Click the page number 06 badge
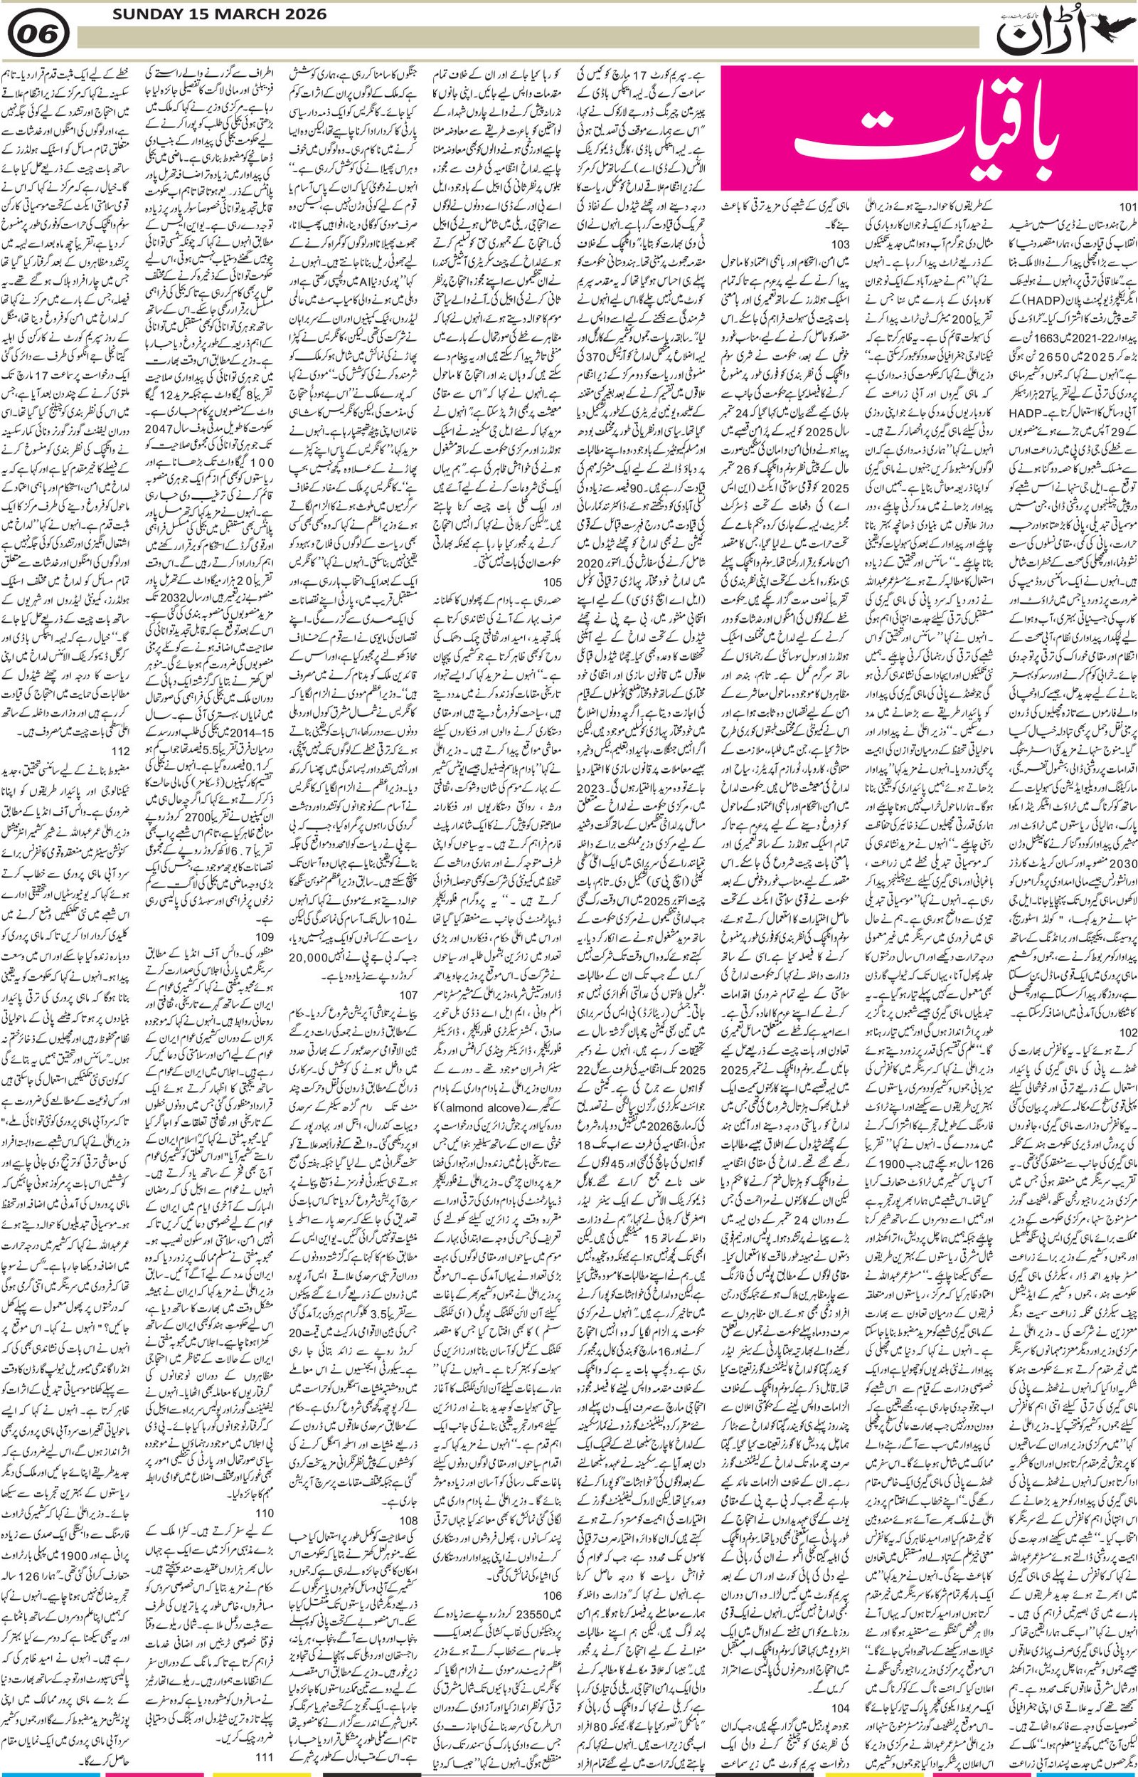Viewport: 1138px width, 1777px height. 41,32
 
